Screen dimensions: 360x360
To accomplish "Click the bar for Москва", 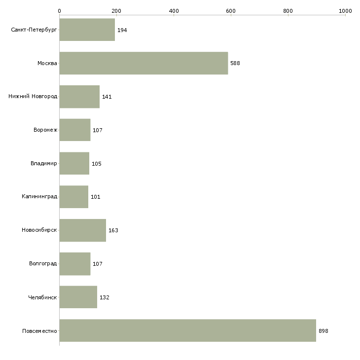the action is (x=144, y=63).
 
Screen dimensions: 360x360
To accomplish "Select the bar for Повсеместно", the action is (x=188, y=330).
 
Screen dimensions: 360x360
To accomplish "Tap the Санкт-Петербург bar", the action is (x=87, y=30).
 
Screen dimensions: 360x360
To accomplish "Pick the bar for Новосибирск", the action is (x=83, y=230).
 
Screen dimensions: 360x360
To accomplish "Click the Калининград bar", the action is (x=74, y=197).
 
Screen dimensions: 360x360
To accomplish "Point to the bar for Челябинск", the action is (x=78, y=297).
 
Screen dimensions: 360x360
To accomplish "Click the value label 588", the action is (x=235, y=63).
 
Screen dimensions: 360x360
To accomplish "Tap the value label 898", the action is (x=324, y=331).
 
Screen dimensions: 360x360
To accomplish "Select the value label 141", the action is (x=107, y=97).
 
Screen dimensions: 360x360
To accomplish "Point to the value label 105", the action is (x=97, y=164).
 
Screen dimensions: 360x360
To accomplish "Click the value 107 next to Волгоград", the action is (x=98, y=264).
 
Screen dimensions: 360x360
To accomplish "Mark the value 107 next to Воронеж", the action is (x=98, y=130).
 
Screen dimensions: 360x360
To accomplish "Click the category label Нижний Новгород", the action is (x=33, y=96).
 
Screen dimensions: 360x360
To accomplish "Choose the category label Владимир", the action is (x=43, y=163).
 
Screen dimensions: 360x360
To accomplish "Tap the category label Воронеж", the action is (x=45, y=130).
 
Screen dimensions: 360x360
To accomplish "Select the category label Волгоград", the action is (x=43, y=263).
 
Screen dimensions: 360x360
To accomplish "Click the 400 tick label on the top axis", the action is (x=174, y=11).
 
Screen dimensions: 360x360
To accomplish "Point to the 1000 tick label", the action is (x=345, y=11).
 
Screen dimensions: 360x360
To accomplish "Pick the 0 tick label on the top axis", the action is (x=60, y=11).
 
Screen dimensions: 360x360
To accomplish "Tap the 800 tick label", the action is (x=288, y=11).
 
